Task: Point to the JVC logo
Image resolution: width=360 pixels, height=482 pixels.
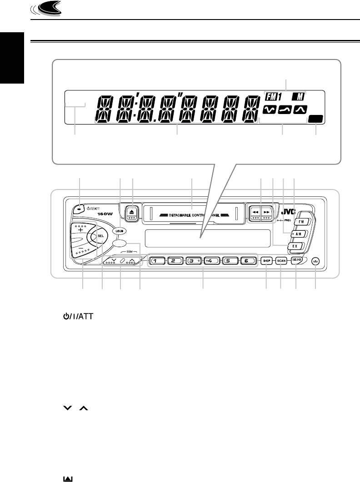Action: [x=290, y=211]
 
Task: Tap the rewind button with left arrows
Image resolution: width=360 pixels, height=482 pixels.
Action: [x=255, y=212]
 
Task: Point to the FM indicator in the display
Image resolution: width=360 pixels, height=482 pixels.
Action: [x=272, y=97]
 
